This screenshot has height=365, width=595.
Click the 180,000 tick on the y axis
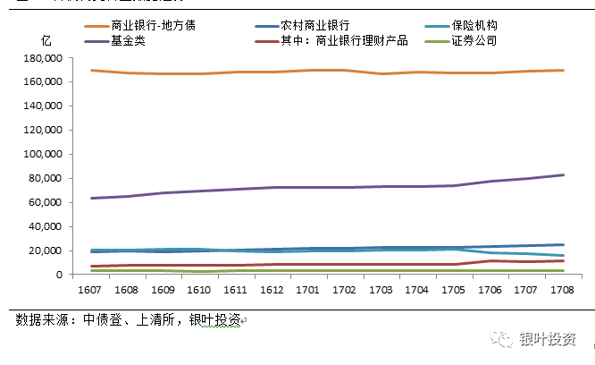click(x=41, y=57)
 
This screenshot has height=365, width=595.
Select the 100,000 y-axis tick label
click(x=41, y=154)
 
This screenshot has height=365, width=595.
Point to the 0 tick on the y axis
click(x=56, y=276)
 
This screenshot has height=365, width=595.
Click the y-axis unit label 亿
click(x=46, y=42)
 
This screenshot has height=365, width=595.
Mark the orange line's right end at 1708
click(x=564, y=70)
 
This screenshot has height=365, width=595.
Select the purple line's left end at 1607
click(x=92, y=198)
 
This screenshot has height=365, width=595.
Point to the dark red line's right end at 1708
click(x=564, y=260)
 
